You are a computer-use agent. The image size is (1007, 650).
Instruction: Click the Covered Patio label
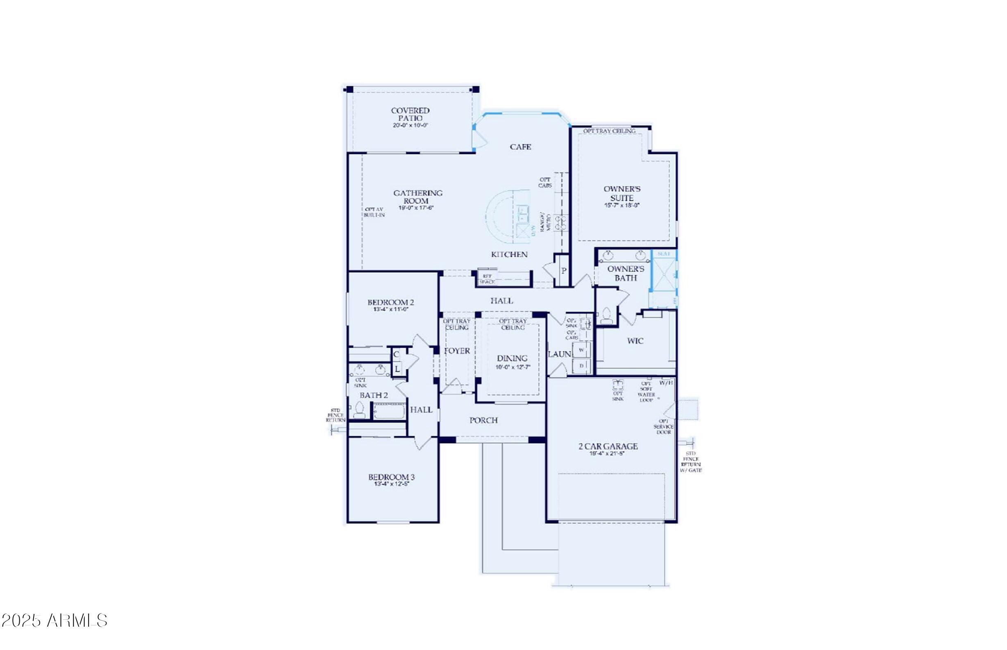pyautogui.click(x=410, y=114)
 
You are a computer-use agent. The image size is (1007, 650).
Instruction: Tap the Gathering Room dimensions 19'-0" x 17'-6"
pyautogui.click(x=416, y=208)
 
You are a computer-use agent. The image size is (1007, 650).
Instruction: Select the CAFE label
pyautogui.click(x=520, y=147)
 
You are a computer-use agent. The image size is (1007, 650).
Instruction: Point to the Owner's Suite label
pyautogui.click(x=621, y=193)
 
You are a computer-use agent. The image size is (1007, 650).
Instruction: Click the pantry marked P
pyautogui.click(x=564, y=271)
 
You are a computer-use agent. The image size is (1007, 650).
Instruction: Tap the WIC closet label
pyautogui.click(x=635, y=341)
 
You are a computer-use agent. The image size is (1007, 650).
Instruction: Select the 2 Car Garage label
pyautogui.click(x=608, y=446)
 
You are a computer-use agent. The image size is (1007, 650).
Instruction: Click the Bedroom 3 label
pyautogui.click(x=391, y=477)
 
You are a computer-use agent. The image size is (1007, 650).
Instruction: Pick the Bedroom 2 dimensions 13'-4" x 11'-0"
pyautogui.click(x=390, y=309)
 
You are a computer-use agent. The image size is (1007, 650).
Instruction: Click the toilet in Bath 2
pyautogui.click(x=359, y=410)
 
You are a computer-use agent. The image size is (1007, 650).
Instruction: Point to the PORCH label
pyautogui.click(x=483, y=420)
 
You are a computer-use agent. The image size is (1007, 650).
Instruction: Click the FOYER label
pyautogui.click(x=457, y=351)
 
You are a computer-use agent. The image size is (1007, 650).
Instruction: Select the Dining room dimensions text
pyautogui.click(x=512, y=367)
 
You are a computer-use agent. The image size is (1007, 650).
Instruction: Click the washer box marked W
pyautogui.click(x=581, y=350)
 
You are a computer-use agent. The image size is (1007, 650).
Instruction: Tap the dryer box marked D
pyautogui.click(x=581, y=366)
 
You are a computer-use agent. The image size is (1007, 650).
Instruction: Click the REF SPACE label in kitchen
pyautogui.click(x=487, y=279)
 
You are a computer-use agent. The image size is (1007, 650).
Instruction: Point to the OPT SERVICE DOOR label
pyautogui.click(x=663, y=427)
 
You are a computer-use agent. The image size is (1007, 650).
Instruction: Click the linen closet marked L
pyautogui.click(x=397, y=369)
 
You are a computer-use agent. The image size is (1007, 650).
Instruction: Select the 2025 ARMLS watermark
pyautogui.click(x=54, y=621)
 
